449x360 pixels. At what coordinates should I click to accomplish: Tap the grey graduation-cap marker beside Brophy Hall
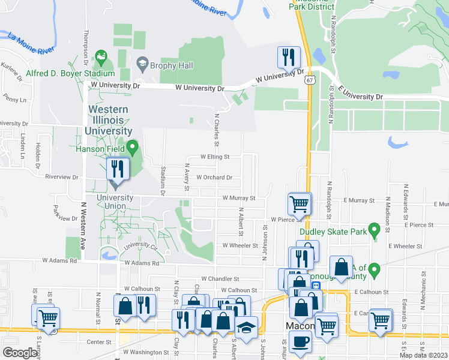click(x=142, y=62)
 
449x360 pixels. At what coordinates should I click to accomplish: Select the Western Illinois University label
click(x=109, y=120)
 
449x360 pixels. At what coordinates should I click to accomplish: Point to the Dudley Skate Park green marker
click(x=375, y=230)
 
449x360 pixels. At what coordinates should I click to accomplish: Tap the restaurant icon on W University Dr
click(x=289, y=58)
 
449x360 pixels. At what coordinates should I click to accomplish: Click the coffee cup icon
click(x=300, y=343)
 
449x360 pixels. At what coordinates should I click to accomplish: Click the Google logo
click(x=20, y=353)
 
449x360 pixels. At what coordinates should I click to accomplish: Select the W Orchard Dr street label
click(x=209, y=178)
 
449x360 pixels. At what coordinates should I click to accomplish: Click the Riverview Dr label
click(x=62, y=178)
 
